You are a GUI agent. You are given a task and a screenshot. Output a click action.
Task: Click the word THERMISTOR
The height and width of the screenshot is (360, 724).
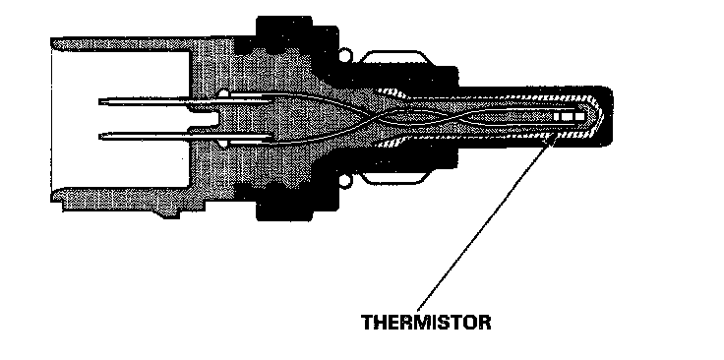coord(426,323)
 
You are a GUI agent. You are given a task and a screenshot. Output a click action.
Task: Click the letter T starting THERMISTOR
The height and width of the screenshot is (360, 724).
coord(368,323)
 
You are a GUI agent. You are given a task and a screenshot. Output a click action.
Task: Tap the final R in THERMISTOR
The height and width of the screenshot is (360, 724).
coord(484,323)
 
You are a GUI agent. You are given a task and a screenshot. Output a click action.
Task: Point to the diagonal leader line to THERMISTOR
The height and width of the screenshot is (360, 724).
coord(485,222)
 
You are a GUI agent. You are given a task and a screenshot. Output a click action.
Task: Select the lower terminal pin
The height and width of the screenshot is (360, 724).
coord(185,136)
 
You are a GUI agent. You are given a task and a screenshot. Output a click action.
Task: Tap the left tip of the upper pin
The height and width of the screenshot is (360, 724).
coord(99,100)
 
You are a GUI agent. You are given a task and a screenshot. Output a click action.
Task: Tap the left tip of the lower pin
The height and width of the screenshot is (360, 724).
coord(99,136)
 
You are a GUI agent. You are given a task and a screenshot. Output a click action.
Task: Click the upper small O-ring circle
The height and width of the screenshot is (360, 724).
coord(345,56)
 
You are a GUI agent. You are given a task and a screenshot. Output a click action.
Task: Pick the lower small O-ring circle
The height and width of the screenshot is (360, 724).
coord(345,180)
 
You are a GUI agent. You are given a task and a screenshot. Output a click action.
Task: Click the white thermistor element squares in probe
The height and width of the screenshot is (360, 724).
coord(569,116)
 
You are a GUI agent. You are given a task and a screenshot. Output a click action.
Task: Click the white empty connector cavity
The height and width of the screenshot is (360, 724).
coord(120,119)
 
